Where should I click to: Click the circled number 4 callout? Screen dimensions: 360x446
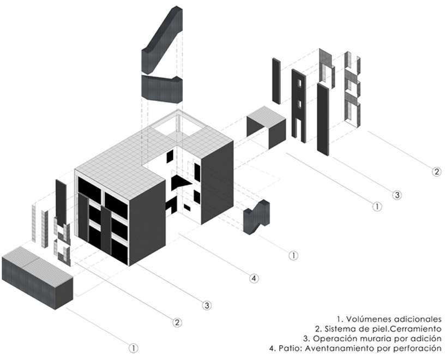coord(254,278)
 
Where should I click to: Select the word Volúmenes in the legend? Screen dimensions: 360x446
coord(368,319)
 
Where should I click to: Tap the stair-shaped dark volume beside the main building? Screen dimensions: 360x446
coord(257,217)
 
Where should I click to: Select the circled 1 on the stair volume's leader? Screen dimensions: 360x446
coord(293,255)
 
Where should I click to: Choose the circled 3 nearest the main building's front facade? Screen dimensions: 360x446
coord(207,305)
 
